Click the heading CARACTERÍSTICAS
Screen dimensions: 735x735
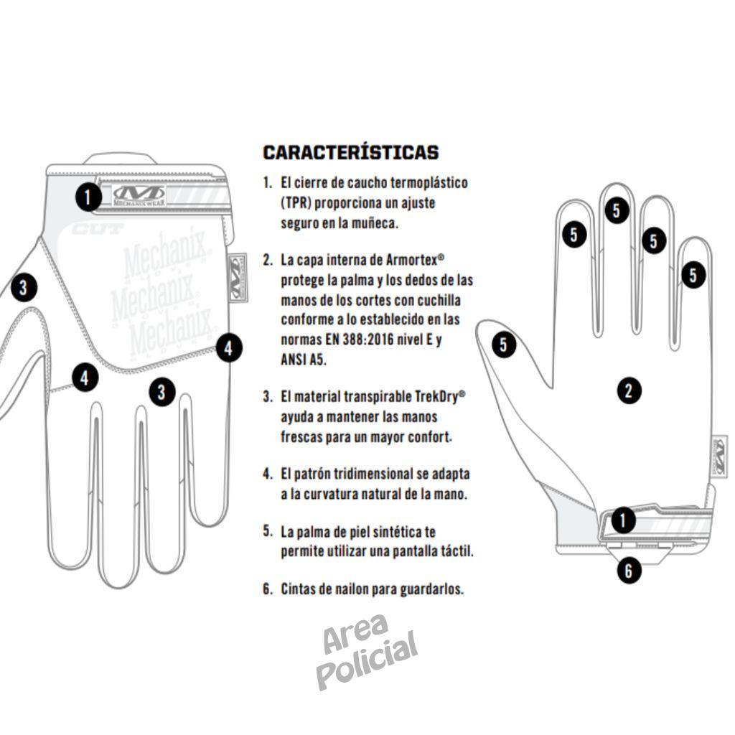[x=350, y=152]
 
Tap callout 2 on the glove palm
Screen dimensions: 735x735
[x=629, y=390]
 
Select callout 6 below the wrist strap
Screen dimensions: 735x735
[x=629, y=571]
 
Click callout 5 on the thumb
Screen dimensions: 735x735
[x=504, y=345]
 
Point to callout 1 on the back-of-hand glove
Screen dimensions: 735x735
[x=88, y=197]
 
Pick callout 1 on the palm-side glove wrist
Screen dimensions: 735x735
[x=623, y=520]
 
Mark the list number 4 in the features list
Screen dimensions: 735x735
[x=267, y=474]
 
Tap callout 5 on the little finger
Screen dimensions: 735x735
[x=693, y=275]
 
